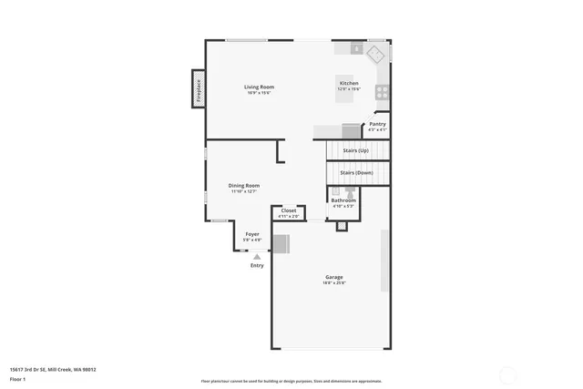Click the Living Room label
[259, 87]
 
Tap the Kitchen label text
[349, 83]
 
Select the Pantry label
[377, 124]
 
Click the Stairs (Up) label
[355, 150]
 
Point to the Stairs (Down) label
[356, 172]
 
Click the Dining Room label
[244, 186]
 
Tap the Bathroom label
[343, 200]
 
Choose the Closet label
[288, 210]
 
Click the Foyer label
[252, 234]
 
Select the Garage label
[334, 277]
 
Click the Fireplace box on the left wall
[198, 89]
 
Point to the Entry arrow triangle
[257, 257]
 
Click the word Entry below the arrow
[257, 265]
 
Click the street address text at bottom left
[53, 369]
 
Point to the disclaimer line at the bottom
[291, 381]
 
